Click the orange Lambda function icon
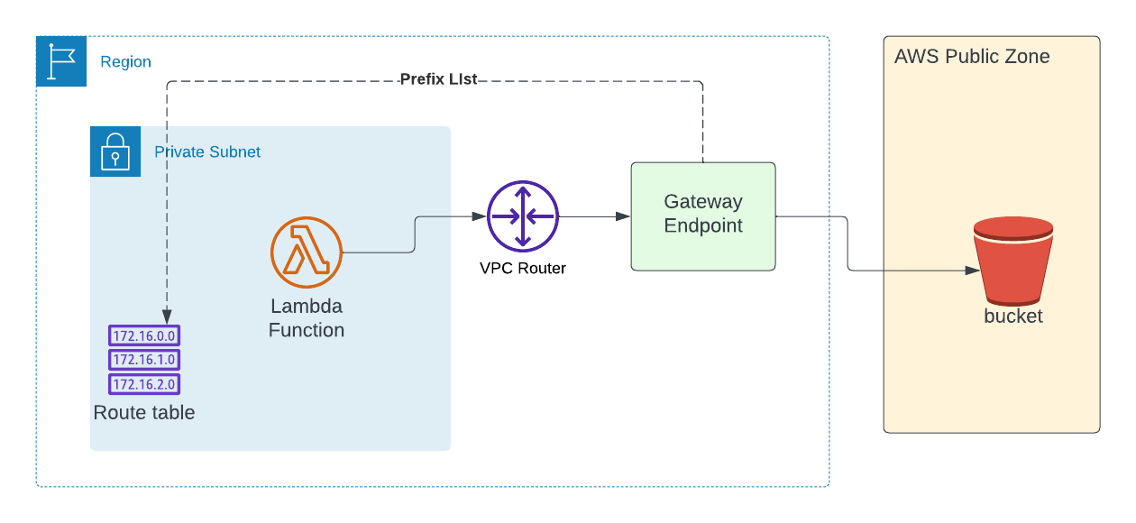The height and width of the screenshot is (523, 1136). (x=307, y=252)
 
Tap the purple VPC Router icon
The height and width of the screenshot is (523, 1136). (x=523, y=216)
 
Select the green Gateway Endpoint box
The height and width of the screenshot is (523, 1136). (x=703, y=216)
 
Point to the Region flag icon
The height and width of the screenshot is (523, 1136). (x=61, y=61)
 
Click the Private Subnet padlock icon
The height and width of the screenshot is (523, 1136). (x=115, y=151)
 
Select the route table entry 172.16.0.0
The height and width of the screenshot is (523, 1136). (x=144, y=336)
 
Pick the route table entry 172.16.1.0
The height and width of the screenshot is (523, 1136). (x=144, y=360)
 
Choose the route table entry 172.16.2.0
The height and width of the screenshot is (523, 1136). (x=144, y=384)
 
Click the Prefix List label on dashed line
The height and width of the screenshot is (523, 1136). (x=438, y=80)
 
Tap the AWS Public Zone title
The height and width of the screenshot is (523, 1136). (x=972, y=57)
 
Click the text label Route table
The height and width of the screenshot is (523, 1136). (x=144, y=413)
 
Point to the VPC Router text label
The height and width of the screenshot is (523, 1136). (x=523, y=268)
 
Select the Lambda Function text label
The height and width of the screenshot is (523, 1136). (x=307, y=318)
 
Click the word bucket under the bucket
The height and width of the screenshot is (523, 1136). (x=1013, y=317)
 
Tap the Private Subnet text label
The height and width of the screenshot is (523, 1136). (x=207, y=151)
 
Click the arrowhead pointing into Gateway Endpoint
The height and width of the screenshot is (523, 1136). (x=623, y=216)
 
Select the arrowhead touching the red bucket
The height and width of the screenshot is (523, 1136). (x=973, y=271)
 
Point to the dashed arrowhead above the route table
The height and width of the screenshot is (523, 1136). (x=168, y=308)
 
